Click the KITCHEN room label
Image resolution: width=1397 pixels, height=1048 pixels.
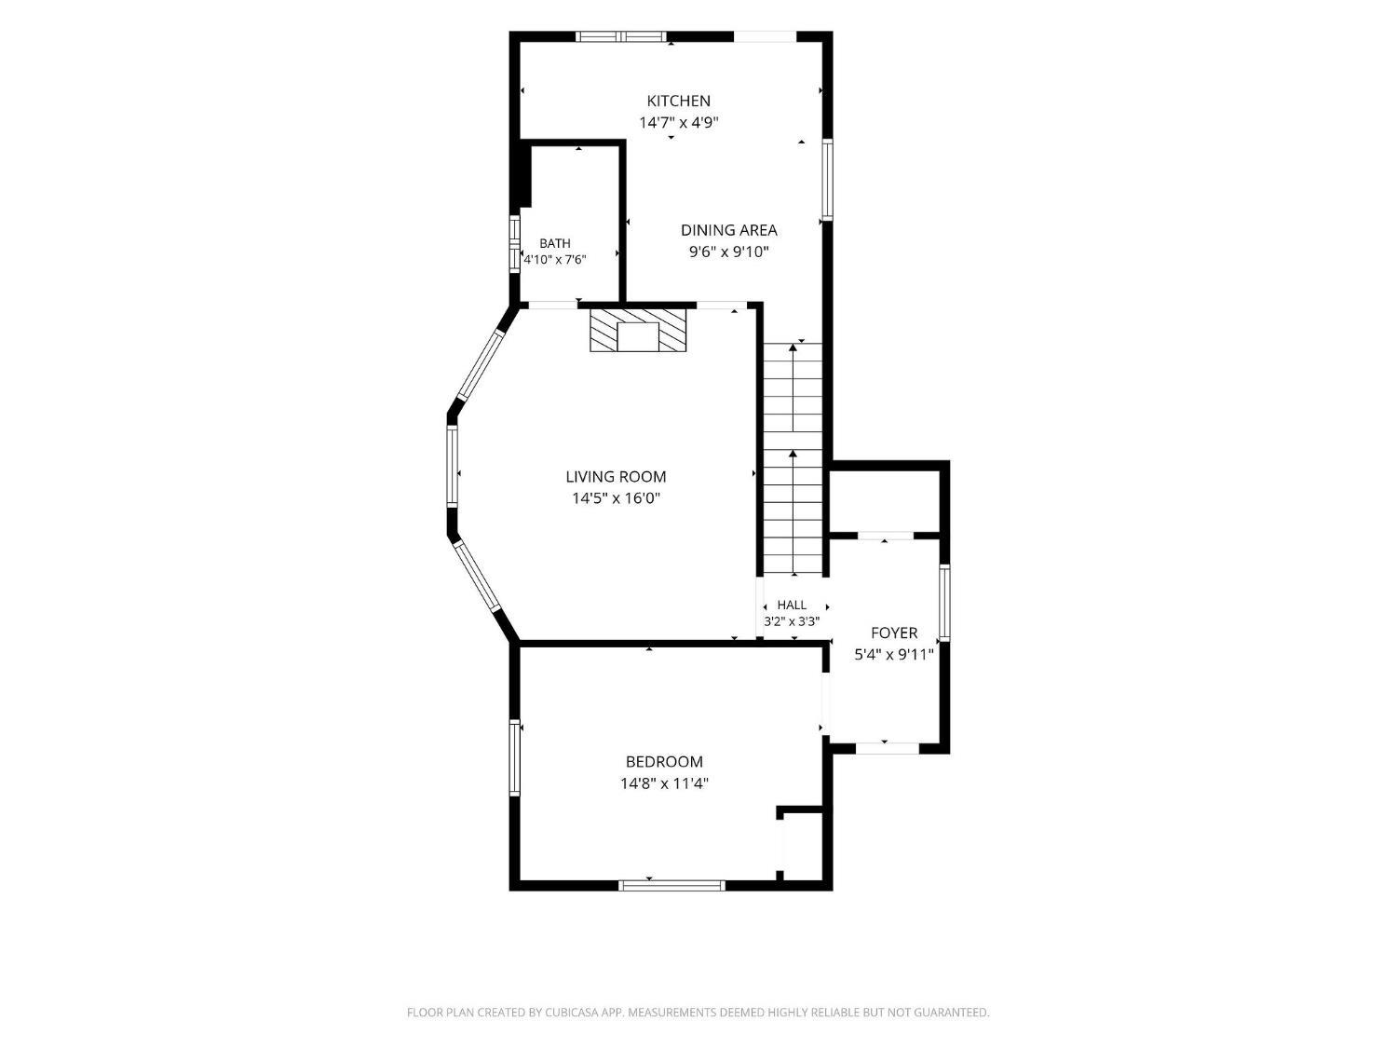point(678,101)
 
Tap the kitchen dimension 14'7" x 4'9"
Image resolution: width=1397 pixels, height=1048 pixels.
point(678,122)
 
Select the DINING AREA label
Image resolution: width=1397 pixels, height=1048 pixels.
point(728,230)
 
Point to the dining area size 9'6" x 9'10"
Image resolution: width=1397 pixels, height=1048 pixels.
point(728,252)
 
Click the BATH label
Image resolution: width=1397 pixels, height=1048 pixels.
point(555,243)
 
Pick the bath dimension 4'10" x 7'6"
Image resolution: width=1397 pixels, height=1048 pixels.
point(554,260)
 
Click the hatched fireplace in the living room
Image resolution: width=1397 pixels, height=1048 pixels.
point(638,331)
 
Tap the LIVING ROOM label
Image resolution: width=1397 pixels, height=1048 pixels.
point(616,477)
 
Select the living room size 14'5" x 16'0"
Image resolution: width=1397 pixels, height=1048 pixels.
point(616,498)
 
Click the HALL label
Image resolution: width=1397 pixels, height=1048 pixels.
point(792,606)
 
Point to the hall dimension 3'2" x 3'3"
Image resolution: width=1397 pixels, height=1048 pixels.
point(792,621)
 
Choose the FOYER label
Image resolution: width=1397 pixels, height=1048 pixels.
point(894,633)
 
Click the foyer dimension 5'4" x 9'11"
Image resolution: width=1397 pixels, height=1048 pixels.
point(894,655)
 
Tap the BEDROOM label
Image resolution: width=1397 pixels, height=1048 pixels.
point(664,762)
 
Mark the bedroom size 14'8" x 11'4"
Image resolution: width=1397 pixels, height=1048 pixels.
point(664,783)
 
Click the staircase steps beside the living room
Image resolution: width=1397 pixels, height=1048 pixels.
point(793,458)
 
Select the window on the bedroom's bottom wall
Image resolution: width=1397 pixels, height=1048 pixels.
point(672,885)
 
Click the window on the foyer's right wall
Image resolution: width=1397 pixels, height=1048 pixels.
point(944,602)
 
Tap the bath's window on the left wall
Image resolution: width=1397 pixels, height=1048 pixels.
point(514,244)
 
